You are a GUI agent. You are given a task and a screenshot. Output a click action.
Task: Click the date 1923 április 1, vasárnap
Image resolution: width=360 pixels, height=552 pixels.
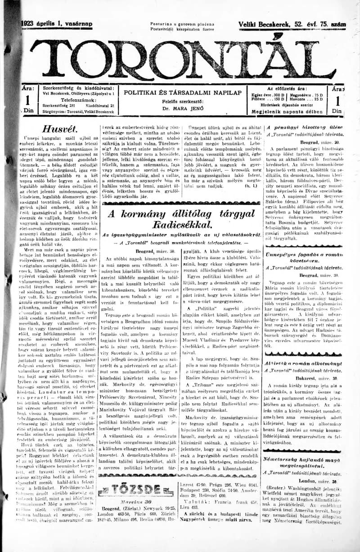pyautogui.click(x=56, y=24)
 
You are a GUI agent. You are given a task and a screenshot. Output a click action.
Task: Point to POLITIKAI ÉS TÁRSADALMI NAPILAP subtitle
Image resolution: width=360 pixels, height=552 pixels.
pyautogui.click(x=183, y=92)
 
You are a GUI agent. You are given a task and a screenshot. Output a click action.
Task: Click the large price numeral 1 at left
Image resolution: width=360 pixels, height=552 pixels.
pyautogui.click(x=28, y=100)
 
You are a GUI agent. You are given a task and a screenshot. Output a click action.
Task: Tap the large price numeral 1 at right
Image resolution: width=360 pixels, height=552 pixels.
pyautogui.click(x=337, y=100)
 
